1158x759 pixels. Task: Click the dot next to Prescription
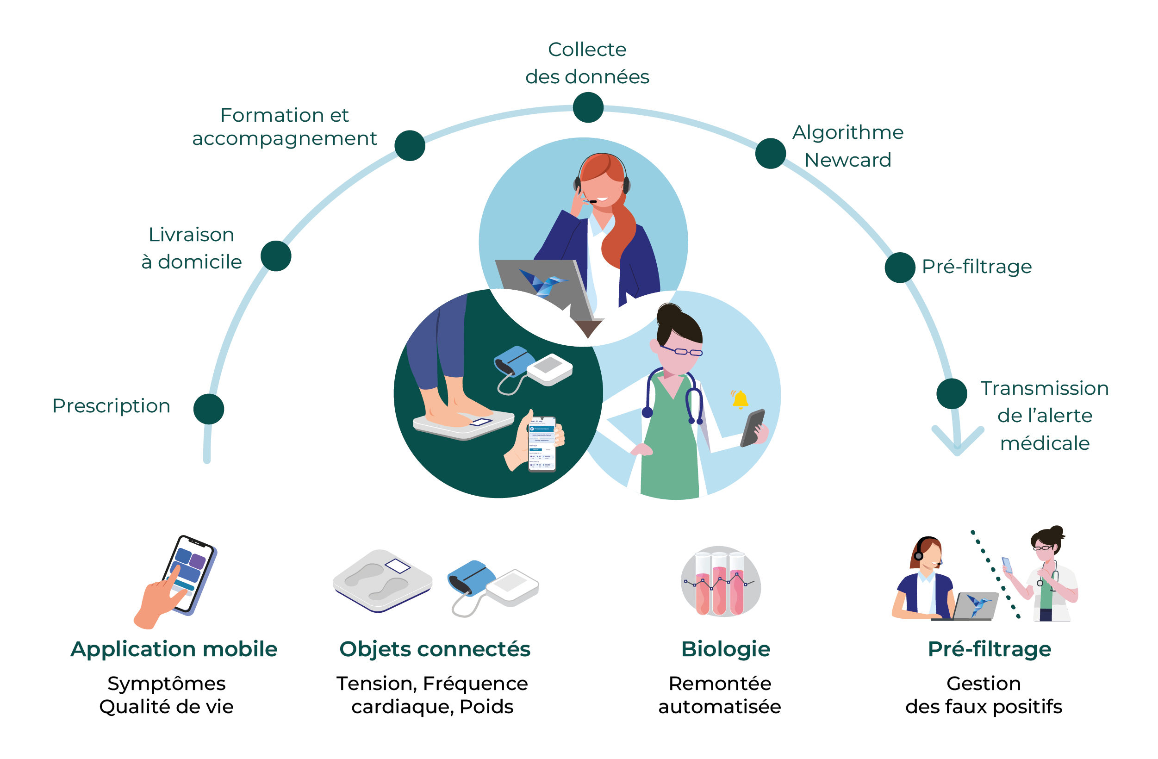[209, 409]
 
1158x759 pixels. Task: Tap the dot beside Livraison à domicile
[276, 256]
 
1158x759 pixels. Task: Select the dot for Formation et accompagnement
[410, 145]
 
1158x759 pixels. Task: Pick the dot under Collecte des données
[588, 107]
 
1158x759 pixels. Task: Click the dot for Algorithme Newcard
[770, 153]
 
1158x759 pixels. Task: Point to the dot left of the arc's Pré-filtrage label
[900, 268]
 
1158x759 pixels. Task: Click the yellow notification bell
[740, 399]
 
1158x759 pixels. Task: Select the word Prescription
[112, 406]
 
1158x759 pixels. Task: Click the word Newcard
[847, 160]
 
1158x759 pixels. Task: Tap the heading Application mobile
[174, 649]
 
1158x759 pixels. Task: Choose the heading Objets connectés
[435, 649]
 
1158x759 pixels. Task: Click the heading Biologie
[725, 649]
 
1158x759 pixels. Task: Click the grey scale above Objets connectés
[382, 580]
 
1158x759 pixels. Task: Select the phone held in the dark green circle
[542, 443]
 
